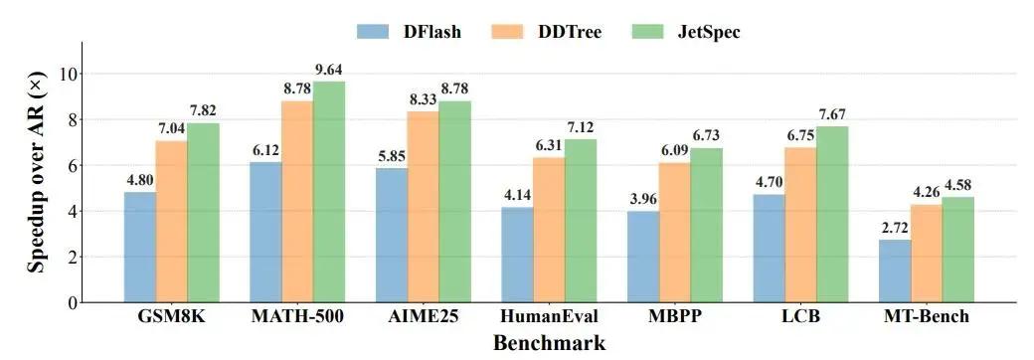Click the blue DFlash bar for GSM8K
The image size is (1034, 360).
[140, 248]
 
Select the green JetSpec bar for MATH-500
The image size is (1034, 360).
[329, 192]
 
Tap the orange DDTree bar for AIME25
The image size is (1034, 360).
[424, 207]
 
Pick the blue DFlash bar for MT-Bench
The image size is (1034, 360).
[895, 270]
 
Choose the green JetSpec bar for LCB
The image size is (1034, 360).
[832, 214]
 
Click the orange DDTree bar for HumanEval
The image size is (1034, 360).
[549, 230]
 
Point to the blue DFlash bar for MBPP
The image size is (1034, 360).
[643, 258]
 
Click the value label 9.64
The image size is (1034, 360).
[329, 71]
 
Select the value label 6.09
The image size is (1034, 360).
[675, 151]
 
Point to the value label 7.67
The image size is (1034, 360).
[832, 116]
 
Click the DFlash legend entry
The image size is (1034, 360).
[409, 31]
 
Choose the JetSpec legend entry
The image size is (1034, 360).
[686, 31]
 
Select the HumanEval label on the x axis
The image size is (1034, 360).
[549, 317]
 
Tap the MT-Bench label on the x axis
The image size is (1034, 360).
[927, 317]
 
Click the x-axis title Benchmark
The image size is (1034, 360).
[549, 343]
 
